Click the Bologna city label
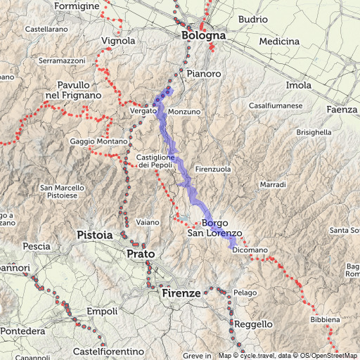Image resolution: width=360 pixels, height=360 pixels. click(x=203, y=35)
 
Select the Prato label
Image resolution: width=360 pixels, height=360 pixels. click(x=141, y=253)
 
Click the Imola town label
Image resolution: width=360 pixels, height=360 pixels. click(x=299, y=85)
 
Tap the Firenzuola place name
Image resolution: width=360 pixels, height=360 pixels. click(x=213, y=169)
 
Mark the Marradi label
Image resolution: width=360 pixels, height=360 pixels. click(x=272, y=184)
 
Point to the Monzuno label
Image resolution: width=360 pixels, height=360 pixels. click(x=185, y=111)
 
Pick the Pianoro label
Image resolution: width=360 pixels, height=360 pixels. click(x=205, y=73)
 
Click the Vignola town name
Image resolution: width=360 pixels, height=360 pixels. click(x=118, y=41)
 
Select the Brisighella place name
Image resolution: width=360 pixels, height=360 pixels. click(x=314, y=131)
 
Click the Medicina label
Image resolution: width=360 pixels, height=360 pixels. click(x=279, y=41)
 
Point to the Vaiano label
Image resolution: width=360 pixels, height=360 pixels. click(x=148, y=222)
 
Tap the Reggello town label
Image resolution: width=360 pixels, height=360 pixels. click(x=253, y=324)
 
